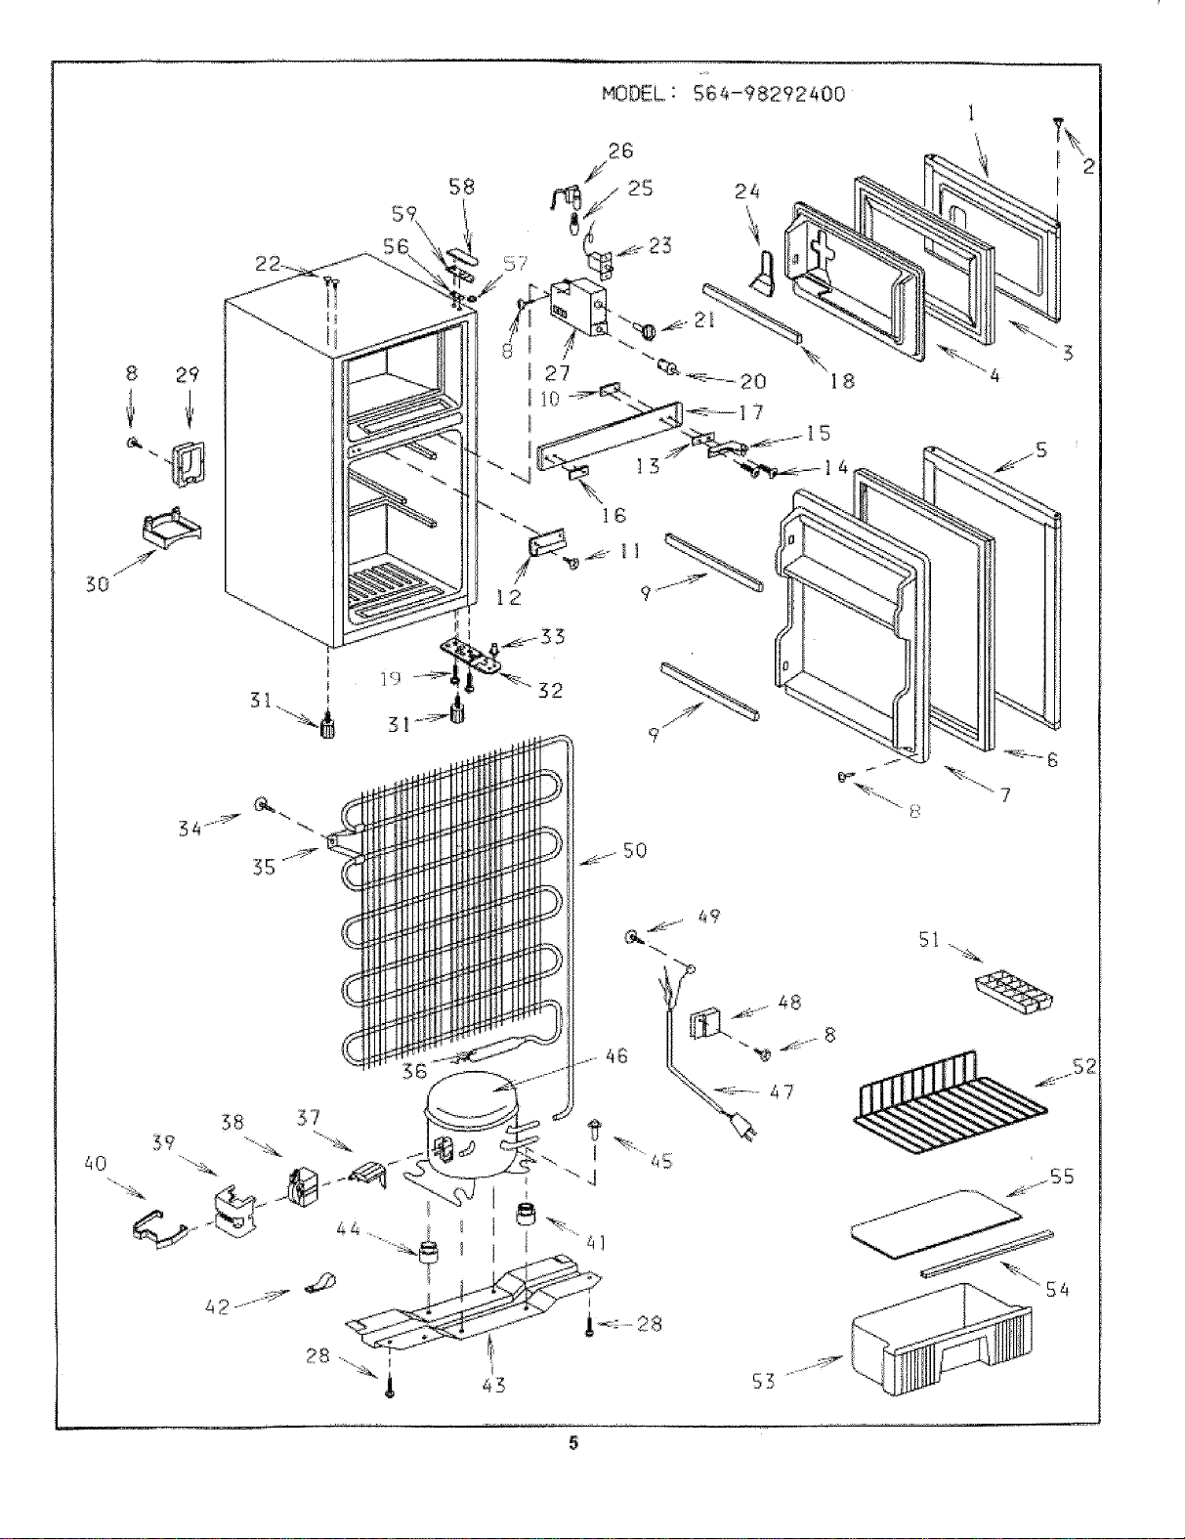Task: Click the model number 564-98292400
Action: click(x=768, y=94)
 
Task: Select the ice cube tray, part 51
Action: click(x=1013, y=989)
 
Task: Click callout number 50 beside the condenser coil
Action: click(x=634, y=850)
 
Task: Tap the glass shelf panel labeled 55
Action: click(x=936, y=1223)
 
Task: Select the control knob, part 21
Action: click(x=648, y=330)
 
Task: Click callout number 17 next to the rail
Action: click(x=751, y=412)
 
